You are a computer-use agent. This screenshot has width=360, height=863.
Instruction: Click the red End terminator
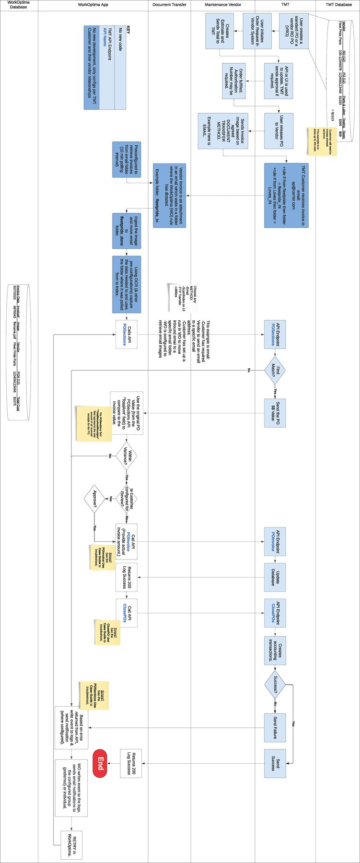click(99, 763)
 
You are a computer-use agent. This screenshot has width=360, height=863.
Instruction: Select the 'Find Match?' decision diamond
click(275, 370)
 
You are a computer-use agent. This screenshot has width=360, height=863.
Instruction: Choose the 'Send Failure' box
click(275, 727)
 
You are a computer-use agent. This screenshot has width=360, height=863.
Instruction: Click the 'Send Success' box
click(275, 763)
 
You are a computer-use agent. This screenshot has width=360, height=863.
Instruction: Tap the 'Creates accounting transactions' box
click(275, 651)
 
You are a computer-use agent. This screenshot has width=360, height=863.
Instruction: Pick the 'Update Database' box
click(275, 577)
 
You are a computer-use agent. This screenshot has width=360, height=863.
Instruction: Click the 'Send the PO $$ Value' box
click(275, 412)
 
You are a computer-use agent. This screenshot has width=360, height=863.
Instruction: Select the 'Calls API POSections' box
click(127, 334)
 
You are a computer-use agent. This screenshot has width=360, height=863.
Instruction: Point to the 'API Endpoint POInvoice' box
click(275, 541)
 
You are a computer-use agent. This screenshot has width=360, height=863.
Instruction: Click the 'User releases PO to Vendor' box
click(279, 131)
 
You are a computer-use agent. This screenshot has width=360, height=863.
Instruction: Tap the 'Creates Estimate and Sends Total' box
click(219, 31)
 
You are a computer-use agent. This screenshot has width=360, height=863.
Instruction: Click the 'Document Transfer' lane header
click(169, 5)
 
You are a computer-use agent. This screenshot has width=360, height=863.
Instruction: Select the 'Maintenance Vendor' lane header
click(222, 5)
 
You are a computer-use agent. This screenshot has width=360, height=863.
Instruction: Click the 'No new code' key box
click(120, 68)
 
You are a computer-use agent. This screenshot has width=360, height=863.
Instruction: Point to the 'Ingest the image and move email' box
click(127, 231)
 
